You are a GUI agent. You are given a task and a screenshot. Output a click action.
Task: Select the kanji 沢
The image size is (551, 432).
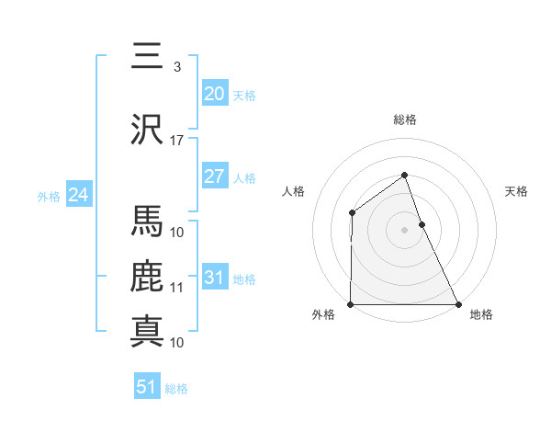[x=148, y=129]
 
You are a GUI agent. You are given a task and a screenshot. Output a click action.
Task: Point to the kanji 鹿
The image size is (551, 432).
[x=148, y=277]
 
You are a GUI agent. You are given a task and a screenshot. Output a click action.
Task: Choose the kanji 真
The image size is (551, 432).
[x=148, y=331]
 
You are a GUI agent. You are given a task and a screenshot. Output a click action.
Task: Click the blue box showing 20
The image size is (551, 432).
[x=214, y=94]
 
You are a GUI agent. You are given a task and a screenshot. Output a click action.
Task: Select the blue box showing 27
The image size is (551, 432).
[x=214, y=176]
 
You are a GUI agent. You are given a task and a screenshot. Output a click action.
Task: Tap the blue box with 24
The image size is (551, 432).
[x=78, y=195]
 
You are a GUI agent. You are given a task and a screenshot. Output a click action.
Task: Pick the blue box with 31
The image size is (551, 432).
[x=214, y=278]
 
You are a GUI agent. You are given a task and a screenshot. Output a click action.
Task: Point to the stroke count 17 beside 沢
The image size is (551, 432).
[x=177, y=141]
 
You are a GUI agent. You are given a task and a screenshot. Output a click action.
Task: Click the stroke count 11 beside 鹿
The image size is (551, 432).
[x=177, y=288]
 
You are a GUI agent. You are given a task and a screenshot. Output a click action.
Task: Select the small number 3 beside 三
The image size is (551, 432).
[x=177, y=67]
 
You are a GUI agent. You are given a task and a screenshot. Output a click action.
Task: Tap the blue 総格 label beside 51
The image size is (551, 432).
[x=176, y=389]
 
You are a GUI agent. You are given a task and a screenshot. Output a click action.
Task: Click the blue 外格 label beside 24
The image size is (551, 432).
[x=49, y=196]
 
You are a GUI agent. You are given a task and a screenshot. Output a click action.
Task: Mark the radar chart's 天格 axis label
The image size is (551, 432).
[x=517, y=191]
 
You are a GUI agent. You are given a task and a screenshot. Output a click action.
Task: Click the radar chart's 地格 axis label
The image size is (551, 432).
[x=481, y=315]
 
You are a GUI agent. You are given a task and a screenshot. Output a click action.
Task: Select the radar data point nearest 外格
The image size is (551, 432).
[x=351, y=304]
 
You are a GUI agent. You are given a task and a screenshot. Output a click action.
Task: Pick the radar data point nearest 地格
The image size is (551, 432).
[x=458, y=304]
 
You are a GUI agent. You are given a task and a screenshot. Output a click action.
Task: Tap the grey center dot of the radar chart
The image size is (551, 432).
[x=404, y=230]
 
